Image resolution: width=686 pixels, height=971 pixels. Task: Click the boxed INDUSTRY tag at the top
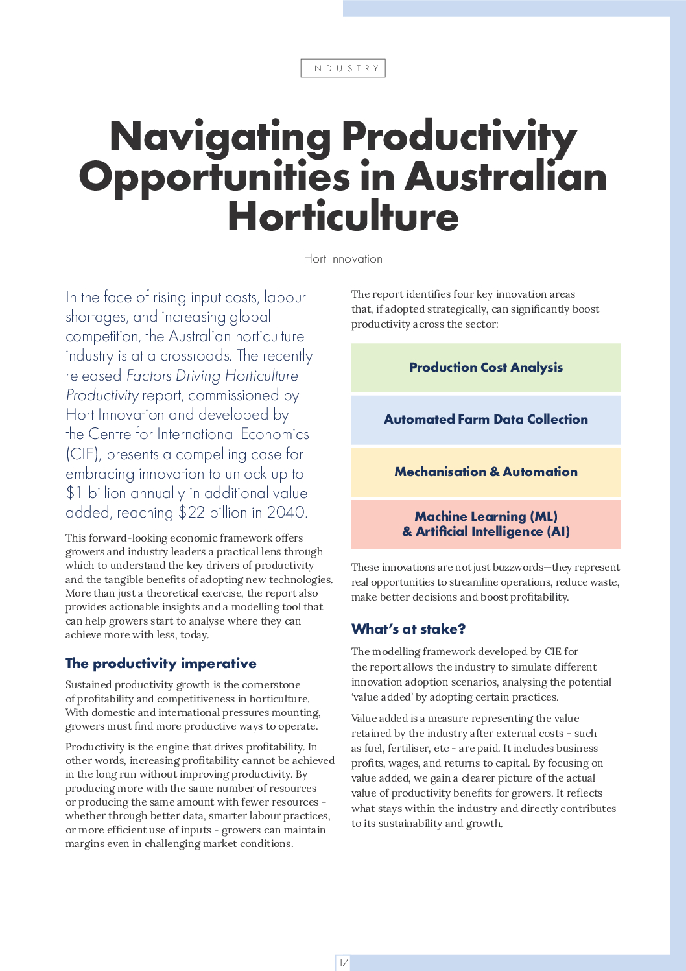(x=343, y=68)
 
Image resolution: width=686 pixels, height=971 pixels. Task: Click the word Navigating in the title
(x=220, y=138)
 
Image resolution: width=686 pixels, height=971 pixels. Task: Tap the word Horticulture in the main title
(x=343, y=217)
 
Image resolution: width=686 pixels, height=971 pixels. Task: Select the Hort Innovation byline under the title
(x=343, y=259)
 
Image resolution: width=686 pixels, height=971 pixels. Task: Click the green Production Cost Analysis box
(x=486, y=368)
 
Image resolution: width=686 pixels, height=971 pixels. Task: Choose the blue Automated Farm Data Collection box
(x=486, y=420)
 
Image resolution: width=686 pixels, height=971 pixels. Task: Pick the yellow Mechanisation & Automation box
(x=486, y=472)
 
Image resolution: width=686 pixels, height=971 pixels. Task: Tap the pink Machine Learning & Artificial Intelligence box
(x=486, y=524)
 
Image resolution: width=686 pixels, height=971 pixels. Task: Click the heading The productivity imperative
(x=161, y=664)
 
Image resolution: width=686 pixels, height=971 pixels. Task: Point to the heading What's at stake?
(x=408, y=629)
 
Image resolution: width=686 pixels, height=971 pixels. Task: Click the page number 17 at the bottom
(x=343, y=963)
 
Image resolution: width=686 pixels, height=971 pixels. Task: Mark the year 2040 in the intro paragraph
(x=287, y=512)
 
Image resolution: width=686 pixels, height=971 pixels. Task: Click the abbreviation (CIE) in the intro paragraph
(x=83, y=454)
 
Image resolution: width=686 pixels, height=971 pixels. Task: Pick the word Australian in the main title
(x=506, y=177)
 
